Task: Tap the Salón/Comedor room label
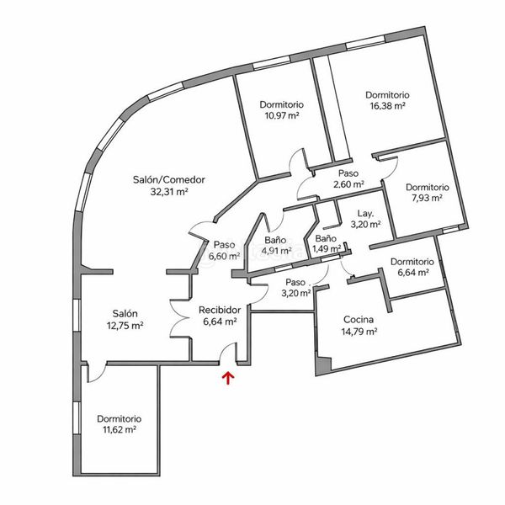point(169,179)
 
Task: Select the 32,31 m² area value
point(169,192)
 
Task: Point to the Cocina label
point(359,319)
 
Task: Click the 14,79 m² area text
point(359,332)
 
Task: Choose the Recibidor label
point(220,309)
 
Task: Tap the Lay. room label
point(365,213)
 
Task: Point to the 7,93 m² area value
point(427,199)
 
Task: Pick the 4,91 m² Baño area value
point(276,250)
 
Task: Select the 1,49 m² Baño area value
point(326,249)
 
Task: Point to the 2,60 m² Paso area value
point(348,183)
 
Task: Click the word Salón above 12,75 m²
point(123,313)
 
